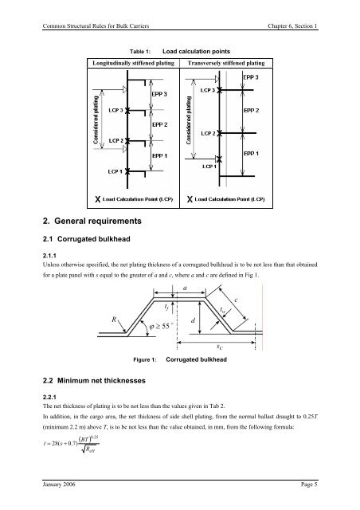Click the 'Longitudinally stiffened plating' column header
[x=133, y=63]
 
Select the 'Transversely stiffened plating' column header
[x=226, y=63]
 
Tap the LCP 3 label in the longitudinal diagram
[x=115, y=110]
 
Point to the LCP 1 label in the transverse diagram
[x=209, y=167]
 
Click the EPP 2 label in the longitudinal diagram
[x=159, y=124]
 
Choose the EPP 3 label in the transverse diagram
[x=251, y=77]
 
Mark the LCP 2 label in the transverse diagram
[x=208, y=133]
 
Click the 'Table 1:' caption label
[x=140, y=51]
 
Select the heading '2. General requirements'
[x=92, y=221]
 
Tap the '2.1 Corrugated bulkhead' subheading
[x=87, y=239]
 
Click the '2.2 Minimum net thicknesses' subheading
[x=94, y=381]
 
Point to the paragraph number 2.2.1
[x=49, y=397]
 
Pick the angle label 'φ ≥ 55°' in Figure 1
[x=159, y=326]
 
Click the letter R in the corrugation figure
[x=114, y=320]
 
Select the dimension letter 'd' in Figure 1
[x=193, y=320]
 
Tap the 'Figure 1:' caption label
[x=145, y=359]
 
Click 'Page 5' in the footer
[x=309, y=484]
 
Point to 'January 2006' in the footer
[x=59, y=484]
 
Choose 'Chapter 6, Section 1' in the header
[x=292, y=26]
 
